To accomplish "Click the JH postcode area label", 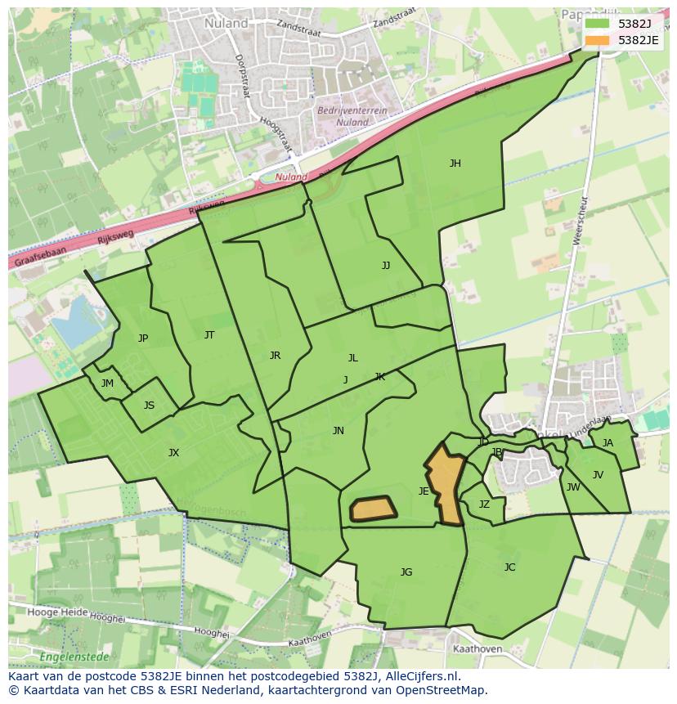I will coord(455,164).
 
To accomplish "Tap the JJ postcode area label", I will coord(386,266).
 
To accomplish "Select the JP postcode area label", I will coord(143,339).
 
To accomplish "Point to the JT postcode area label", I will coord(209,335).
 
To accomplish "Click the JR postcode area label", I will coord(275,356).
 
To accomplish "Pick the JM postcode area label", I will coord(107,383).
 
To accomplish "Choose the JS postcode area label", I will coord(149,406).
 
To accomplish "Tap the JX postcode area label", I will coord(173,453).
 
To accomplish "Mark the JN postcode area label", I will coord(338,431).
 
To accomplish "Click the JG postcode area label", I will coord(406,572).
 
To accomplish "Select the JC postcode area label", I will coord(509,567).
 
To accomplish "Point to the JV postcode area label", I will coord(598,475).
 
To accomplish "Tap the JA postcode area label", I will coord(608,443).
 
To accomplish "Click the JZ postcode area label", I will coord(484,504).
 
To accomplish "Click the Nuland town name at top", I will coord(226,24).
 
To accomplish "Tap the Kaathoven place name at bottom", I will coord(477,649).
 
